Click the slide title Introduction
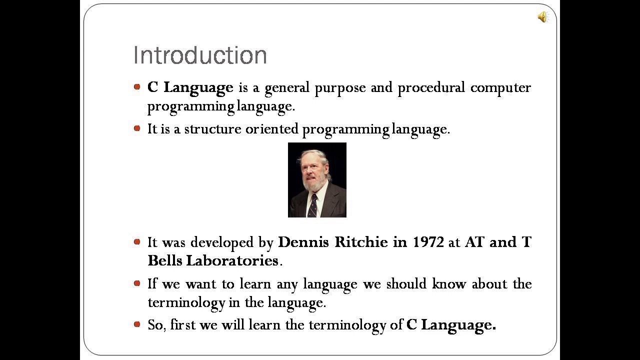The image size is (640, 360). point(200,55)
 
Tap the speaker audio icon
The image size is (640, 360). point(543,17)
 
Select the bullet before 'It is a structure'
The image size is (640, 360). point(137,128)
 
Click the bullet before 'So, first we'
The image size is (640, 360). point(137,324)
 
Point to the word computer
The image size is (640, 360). point(500,88)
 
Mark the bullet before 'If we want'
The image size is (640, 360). point(137,283)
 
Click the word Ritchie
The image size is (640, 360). point(360,242)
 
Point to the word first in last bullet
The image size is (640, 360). point(182,325)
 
